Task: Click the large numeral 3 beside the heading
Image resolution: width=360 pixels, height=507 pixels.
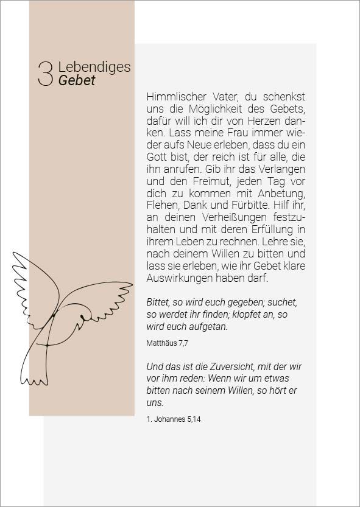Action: pyautogui.click(x=46, y=74)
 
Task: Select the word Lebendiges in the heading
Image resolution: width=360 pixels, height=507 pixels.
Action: pyautogui.click(x=94, y=67)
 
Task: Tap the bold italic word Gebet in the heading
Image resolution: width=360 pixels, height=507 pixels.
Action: pyautogui.click(x=77, y=81)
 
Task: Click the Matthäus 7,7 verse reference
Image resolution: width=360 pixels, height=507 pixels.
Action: pyautogui.click(x=168, y=343)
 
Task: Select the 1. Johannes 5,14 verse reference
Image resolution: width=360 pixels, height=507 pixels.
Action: pyautogui.click(x=174, y=419)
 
